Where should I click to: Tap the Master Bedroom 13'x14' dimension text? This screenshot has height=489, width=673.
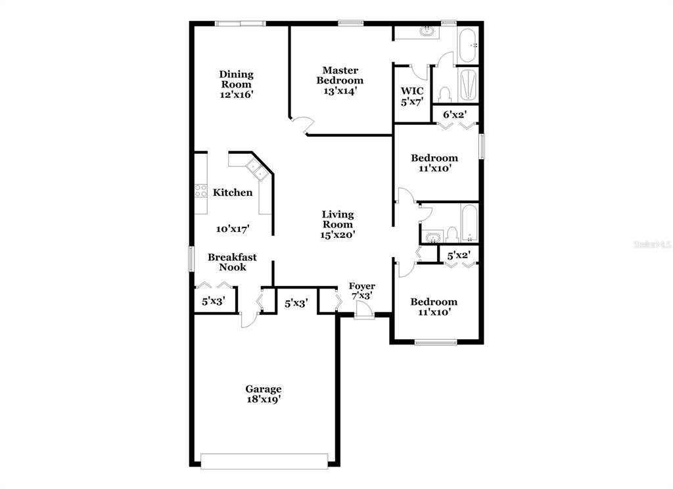pos(340,91)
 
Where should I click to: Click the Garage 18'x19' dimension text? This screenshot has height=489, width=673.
pos(264,398)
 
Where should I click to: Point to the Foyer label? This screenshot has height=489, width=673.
pos(361,286)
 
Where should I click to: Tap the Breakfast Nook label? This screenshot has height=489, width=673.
pos(232,262)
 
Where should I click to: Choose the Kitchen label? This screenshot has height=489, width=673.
pos(232,193)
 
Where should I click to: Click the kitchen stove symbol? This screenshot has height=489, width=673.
pos(200,191)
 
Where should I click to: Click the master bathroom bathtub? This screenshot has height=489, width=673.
pos(469,45)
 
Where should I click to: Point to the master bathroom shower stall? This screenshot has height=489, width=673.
pos(468,85)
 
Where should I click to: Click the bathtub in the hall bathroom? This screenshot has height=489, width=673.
pos(469,223)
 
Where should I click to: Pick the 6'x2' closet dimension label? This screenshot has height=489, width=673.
pos(454,114)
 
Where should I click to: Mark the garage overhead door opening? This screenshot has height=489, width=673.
pos(264,461)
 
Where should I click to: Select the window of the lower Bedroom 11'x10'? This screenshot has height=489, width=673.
pos(435,342)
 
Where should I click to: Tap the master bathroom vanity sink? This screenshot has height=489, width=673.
pos(428,30)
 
